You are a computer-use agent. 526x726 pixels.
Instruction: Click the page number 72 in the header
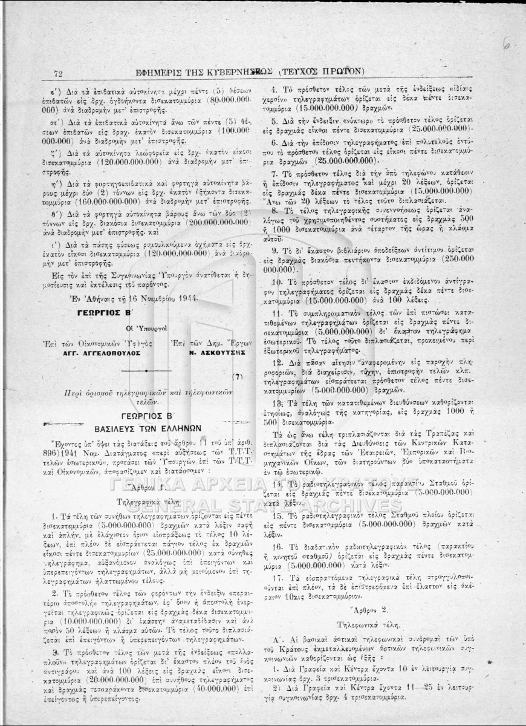click(x=59, y=73)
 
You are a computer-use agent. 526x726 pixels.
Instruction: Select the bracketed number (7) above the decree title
click(x=237, y=376)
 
